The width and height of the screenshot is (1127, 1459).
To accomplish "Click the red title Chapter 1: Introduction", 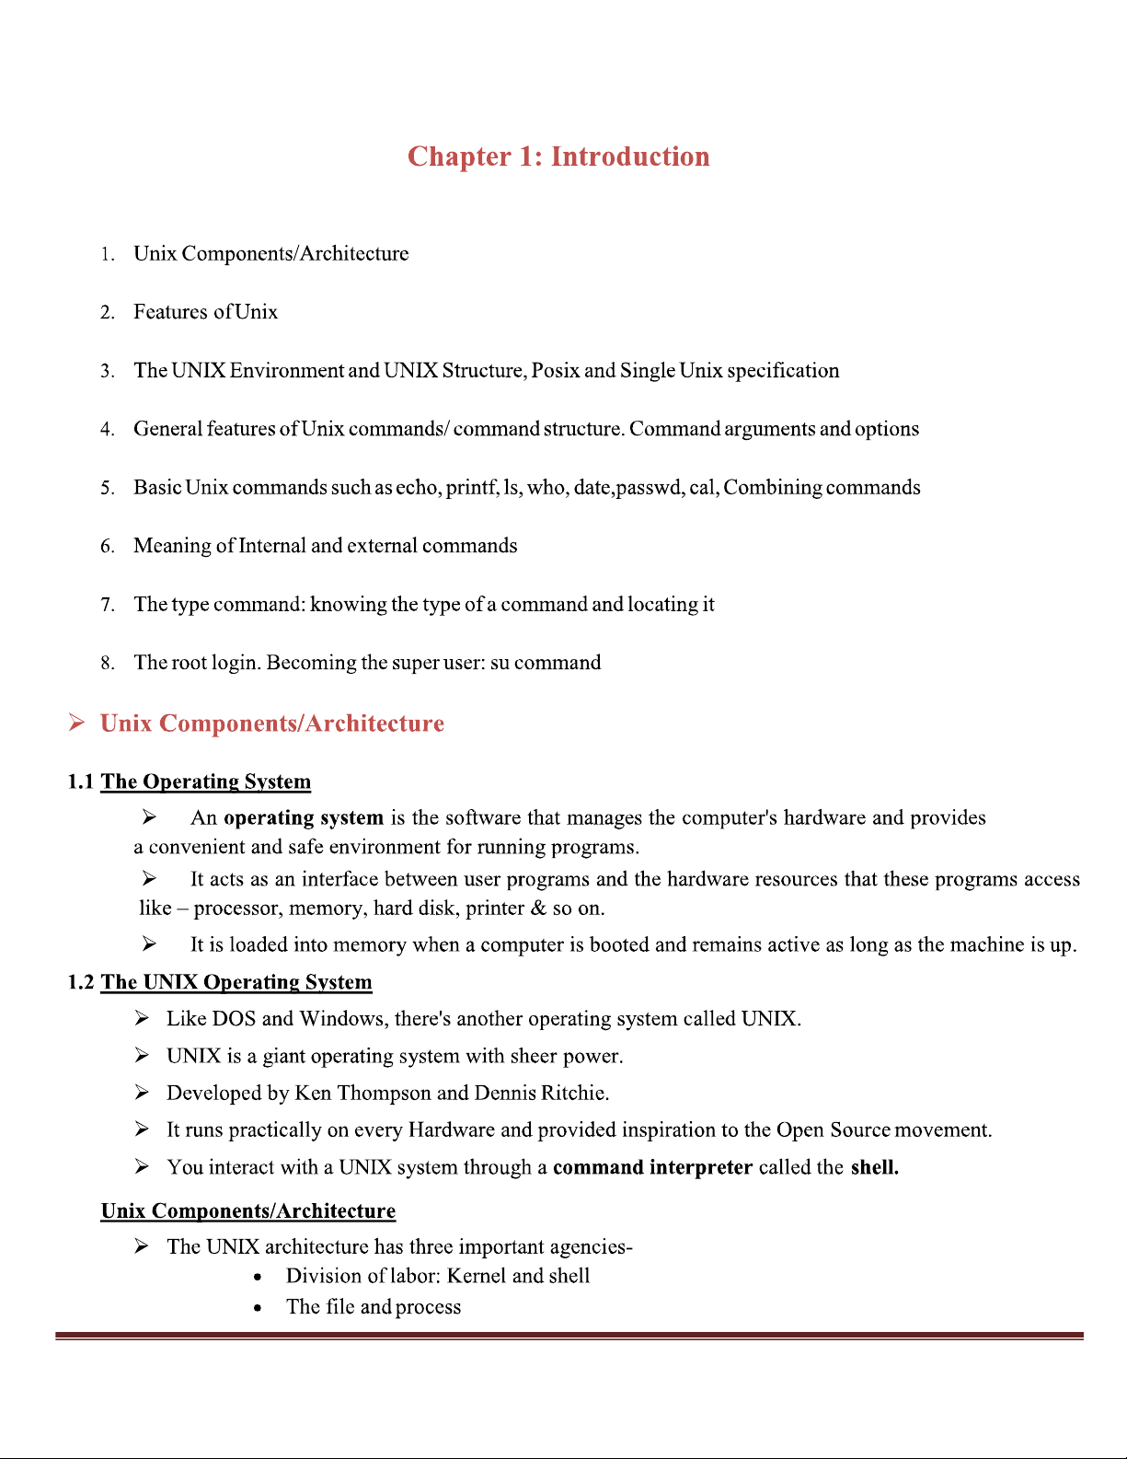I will (x=558, y=156).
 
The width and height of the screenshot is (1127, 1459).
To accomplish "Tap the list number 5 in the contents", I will (x=107, y=488).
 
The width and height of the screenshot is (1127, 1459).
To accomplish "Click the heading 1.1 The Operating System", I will (x=190, y=782).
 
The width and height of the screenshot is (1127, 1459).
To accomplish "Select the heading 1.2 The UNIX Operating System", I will (x=220, y=982).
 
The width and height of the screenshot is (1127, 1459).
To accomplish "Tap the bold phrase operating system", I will (x=304, y=817).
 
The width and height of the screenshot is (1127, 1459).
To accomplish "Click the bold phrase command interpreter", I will (x=652, y=1167).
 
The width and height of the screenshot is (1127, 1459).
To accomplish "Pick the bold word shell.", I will (x=874, y=1167).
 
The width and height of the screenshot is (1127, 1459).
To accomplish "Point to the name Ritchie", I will (x=574, y=1093).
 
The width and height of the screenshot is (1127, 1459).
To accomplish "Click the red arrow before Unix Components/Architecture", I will (x=77, y=724).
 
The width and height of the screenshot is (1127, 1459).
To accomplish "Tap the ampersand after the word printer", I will (x=538, y=909).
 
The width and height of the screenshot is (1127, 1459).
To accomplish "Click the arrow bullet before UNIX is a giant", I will (x=142, y=1055).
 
